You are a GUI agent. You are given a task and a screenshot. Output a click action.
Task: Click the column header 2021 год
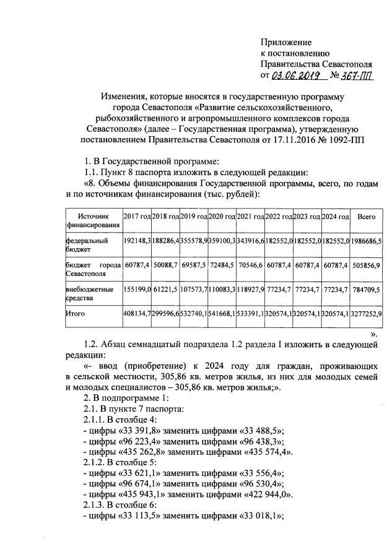250,217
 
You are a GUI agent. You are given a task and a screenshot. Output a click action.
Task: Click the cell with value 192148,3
137,239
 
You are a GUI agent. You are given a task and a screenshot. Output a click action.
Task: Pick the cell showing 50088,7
165,264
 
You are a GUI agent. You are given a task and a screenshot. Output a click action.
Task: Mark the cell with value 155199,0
137,290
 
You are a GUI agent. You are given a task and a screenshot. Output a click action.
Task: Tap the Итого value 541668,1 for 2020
222,314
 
